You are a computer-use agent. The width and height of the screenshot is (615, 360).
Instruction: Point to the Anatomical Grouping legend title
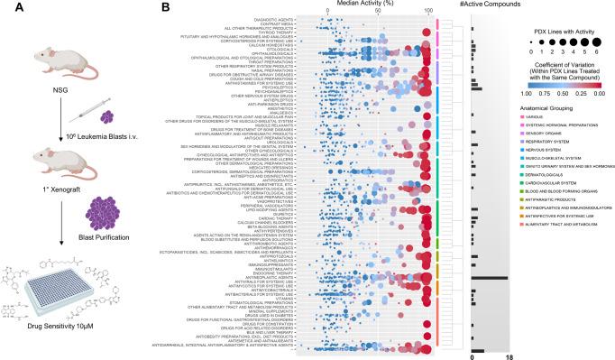549,107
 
